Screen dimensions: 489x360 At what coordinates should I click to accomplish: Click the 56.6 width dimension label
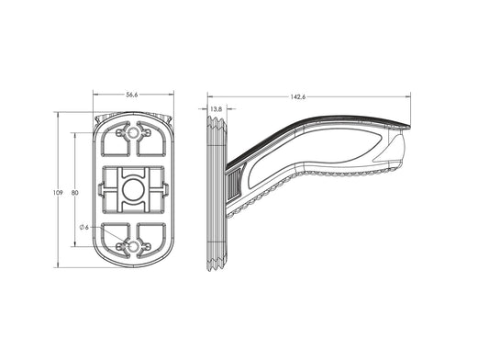tap(131, 95)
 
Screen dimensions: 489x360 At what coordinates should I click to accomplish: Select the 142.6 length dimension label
tap(298, 96)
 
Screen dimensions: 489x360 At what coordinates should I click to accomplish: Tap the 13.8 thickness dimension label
tap(216, 109)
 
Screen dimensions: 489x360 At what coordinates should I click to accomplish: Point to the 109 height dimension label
tap(58, 193)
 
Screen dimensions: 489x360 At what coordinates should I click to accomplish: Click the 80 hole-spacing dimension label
tap(75, 193)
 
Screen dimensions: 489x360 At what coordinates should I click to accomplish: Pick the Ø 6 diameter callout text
tap(84, 228)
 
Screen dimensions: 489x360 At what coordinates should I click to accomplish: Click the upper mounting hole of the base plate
tap(133, 133)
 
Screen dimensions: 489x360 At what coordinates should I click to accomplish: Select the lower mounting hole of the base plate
tap(133, 247)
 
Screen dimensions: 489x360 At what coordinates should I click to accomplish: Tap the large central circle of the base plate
tap(133, 190)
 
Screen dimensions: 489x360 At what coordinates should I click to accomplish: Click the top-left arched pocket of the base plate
tap(115, 139)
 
